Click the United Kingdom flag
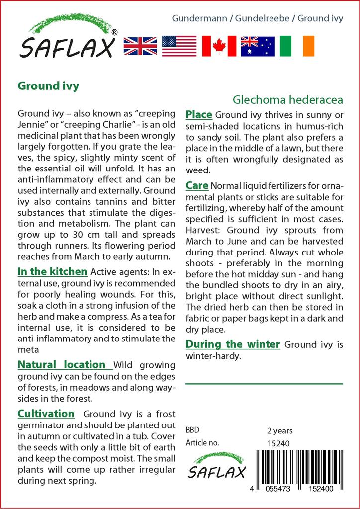[x=141, y=46]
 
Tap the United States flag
[x=180, y=46]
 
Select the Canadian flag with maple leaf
[x=219, y=46]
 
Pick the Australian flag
[x=258, y=46]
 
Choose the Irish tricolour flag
[x=297, y=46]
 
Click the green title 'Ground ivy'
[x=48, y=86]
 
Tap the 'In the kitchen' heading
[x=52, y=272]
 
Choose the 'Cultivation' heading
[x=46, y=414]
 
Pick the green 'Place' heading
[x=199, y=115]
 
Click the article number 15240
[x=278, y=443]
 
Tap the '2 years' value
[x=280, y=430]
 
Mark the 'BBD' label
[x=193, y=430]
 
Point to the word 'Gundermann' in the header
[x=195, y=19]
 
